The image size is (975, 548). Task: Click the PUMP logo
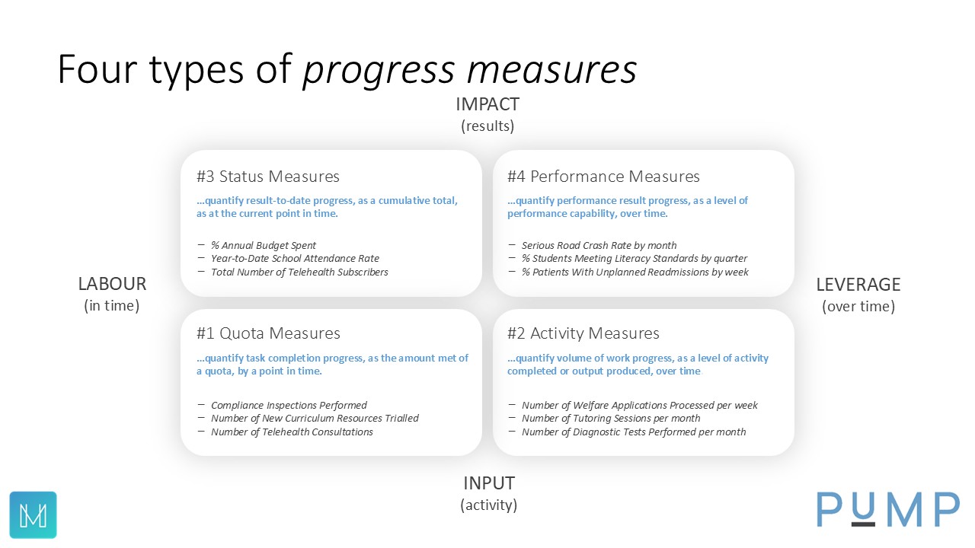tap(888, 509)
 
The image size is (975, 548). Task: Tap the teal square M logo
tap(33, 515)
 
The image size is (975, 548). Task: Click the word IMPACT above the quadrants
tap(487, 104)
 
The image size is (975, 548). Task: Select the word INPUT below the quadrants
tap(489, 483)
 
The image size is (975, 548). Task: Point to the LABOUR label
tap(112, 284)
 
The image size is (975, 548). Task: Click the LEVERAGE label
tap(858, 285)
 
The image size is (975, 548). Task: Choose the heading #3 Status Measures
tap(267, 176)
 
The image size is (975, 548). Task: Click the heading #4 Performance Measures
tap(603, 176)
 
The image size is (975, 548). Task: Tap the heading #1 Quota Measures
tap(268, 333)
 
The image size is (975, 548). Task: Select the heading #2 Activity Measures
tap(583, 333)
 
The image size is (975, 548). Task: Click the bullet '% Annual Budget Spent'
tap(264, 245)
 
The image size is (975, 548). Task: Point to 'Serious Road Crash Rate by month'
tap(599, 245)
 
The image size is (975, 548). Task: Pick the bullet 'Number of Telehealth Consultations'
tap(292, 432)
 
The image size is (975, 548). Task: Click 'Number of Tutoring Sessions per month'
tap(611, 418)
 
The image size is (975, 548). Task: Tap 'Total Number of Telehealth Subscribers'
tap(299, 272)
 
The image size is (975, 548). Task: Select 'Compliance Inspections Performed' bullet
tap(289, 406)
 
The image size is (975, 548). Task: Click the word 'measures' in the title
tap(552, 69)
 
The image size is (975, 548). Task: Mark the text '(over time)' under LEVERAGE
tap(858, 306)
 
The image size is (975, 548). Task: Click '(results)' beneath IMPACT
tap(487, 126)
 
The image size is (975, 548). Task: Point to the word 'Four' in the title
tap(97, 68)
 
